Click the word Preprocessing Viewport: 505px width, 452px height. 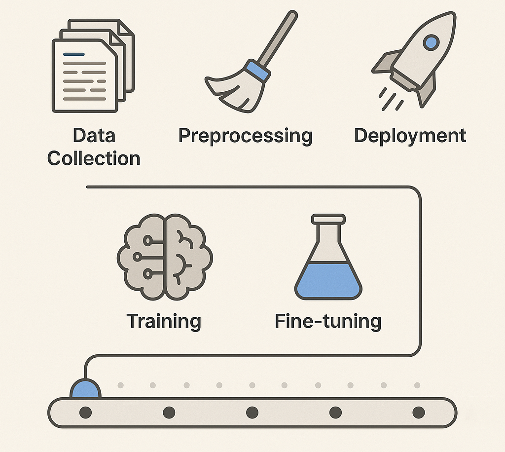tap(245, 136)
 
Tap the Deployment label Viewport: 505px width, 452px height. tap(410, 135)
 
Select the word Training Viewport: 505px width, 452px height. tap(164, 321)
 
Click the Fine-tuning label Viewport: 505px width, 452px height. tap(328, 321)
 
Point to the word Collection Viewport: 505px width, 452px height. tap(94, 158)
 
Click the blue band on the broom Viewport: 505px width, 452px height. tap(257, 71)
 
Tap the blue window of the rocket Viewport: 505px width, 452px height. tap(431, 42)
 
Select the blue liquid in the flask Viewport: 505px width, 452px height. tap(328, 281)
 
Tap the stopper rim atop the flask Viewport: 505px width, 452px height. tap(328, 218)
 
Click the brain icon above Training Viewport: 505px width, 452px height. tap(164, 257)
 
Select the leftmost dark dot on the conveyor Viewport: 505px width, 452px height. tap(85, 412)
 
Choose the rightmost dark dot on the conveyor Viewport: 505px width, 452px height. tap(419, 412)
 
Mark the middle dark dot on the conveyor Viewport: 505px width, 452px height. tap(252, 412)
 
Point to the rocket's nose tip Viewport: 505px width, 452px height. tap(450, 17)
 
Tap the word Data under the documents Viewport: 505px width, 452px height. tap(94, 135)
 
